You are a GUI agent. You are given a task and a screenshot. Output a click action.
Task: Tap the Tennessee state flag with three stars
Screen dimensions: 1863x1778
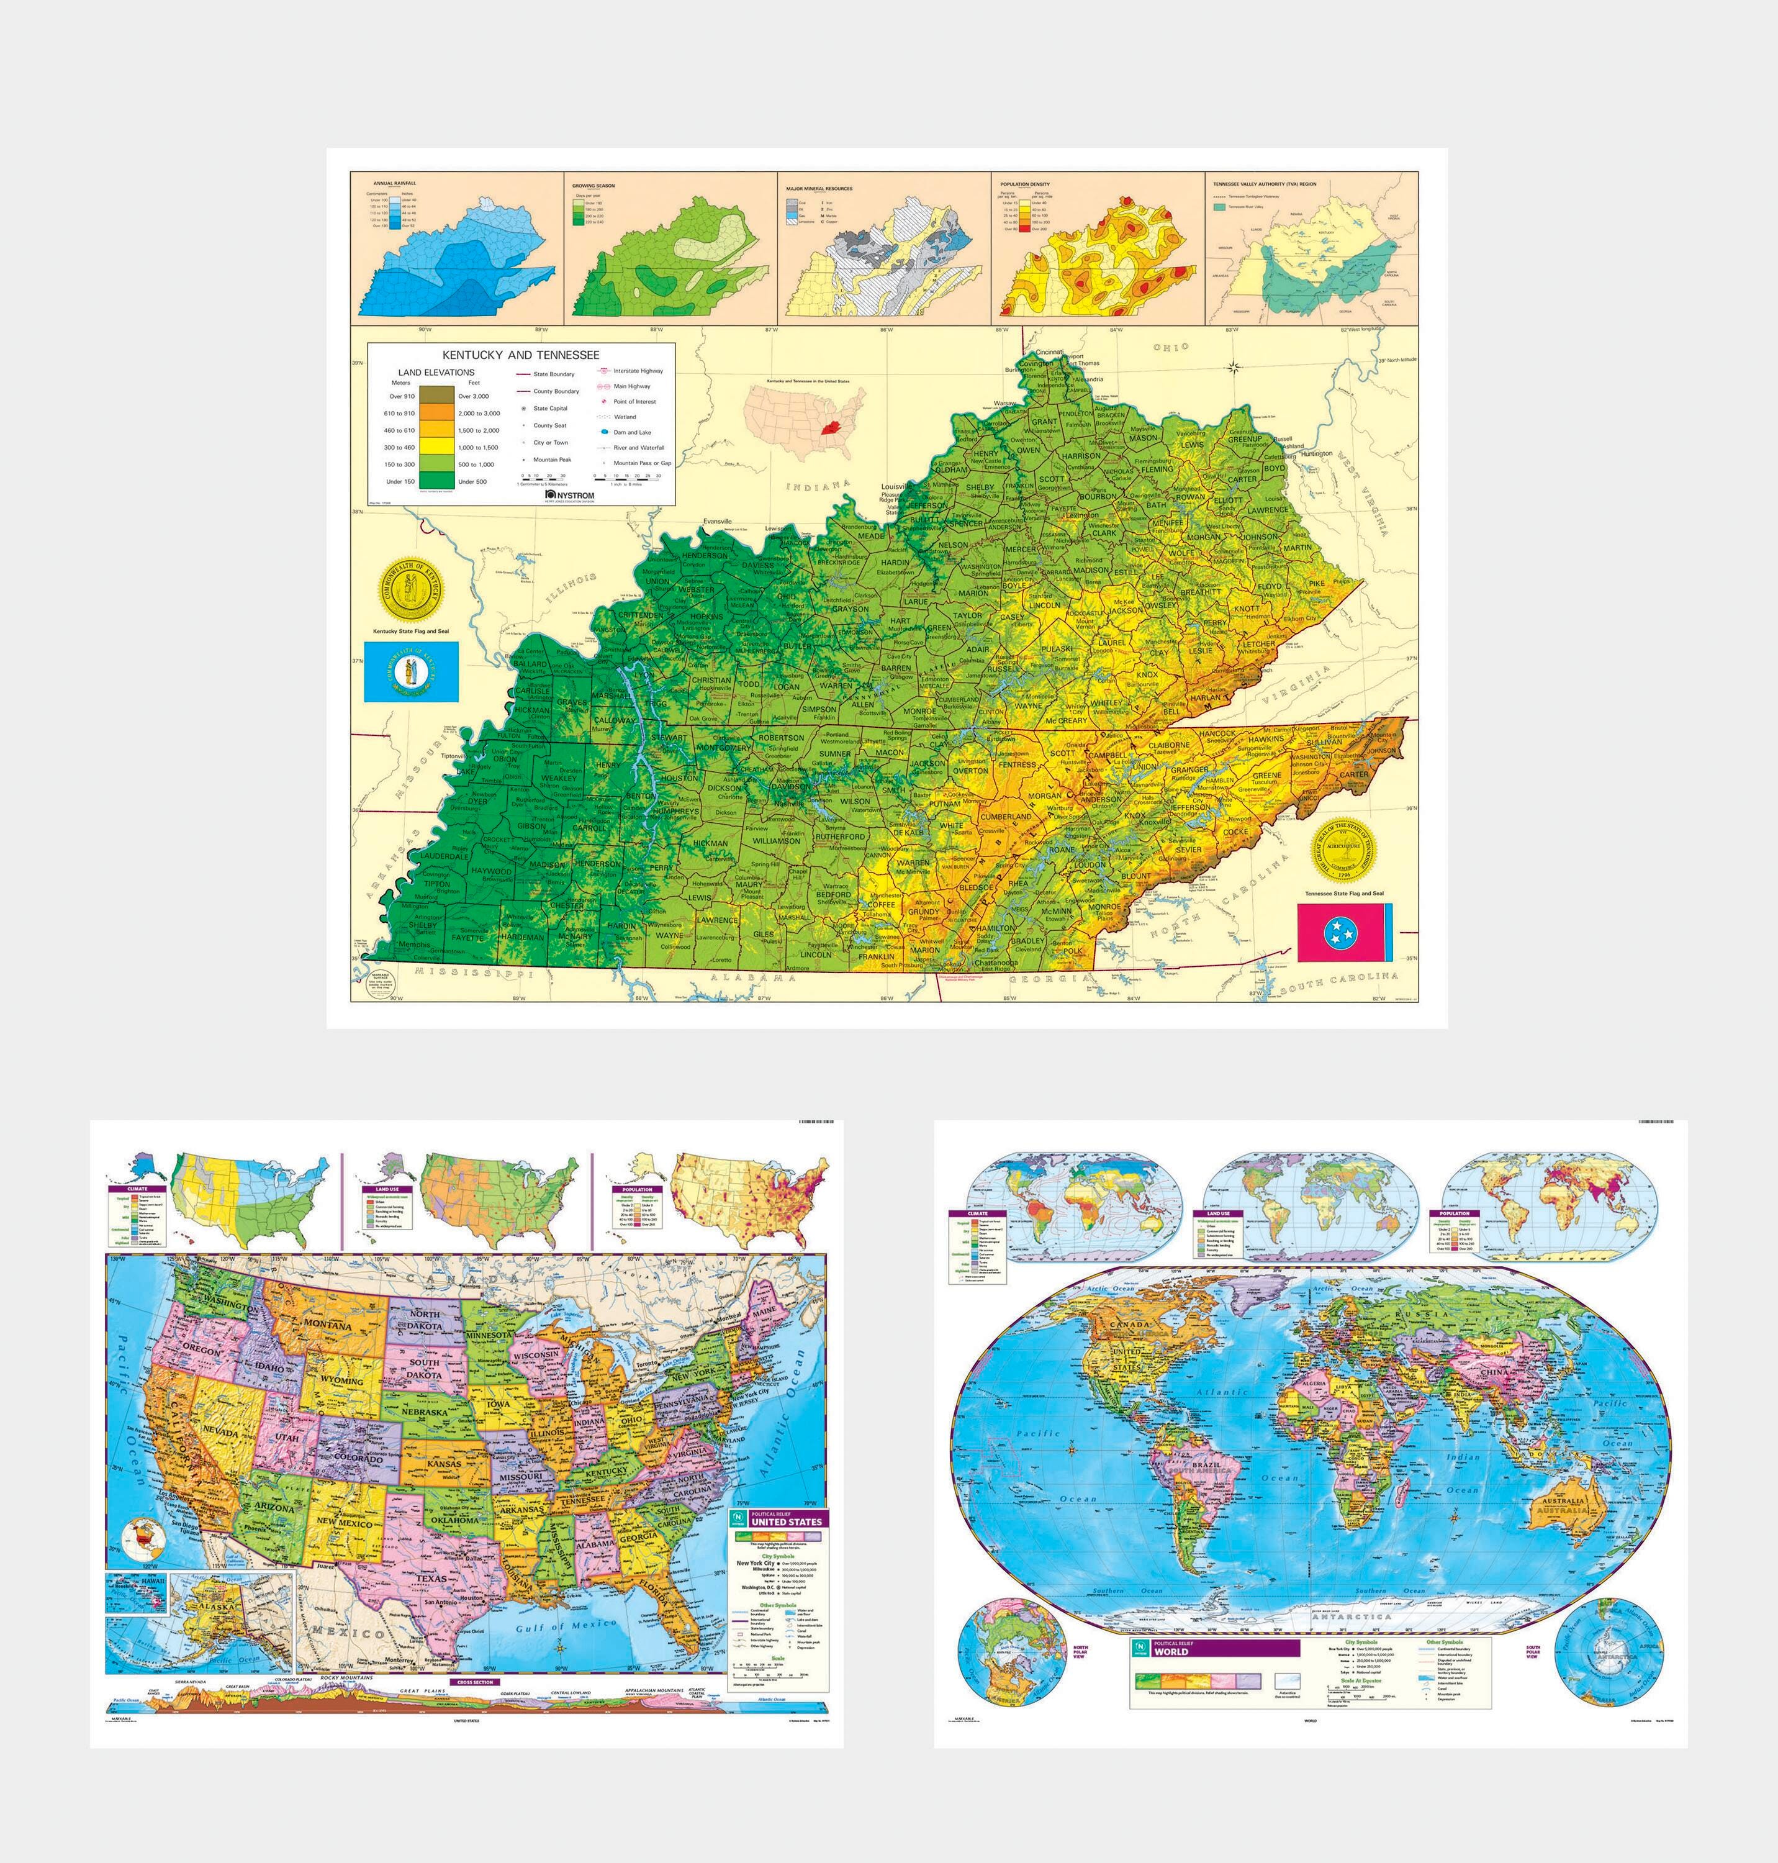coord(1345,932)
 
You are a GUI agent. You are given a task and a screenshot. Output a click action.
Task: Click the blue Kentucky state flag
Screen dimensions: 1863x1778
coord(412,672)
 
